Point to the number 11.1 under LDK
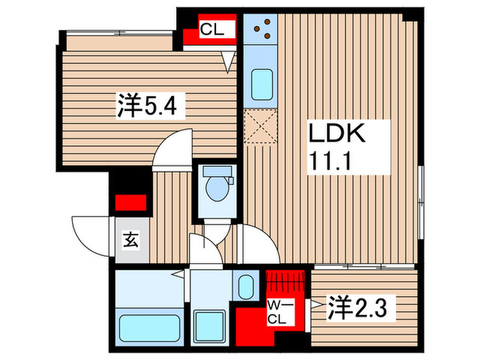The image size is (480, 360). pos(331,163)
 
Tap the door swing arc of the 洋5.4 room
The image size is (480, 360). pos(171,149)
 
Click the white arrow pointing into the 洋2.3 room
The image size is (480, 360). pos(316,301)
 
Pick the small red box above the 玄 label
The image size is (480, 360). pos(130,203)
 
